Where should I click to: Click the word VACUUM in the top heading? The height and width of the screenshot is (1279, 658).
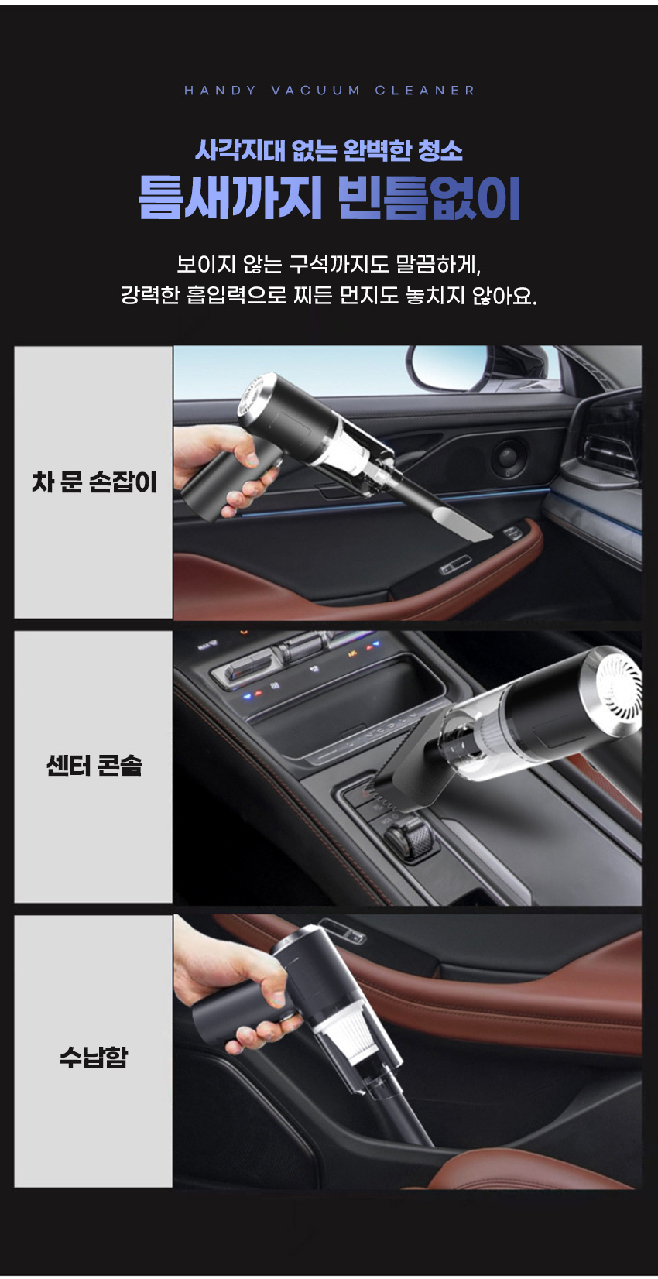click(x=316, y=91)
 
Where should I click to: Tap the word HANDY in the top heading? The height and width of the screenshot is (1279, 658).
click(x=221, y=91)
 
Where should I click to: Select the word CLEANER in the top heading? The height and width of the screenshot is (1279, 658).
click(x=425, y=91)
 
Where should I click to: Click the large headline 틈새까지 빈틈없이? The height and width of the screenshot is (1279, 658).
click(x=329, y=197)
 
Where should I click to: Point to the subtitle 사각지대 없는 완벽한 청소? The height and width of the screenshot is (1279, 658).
click(x=329, y=150)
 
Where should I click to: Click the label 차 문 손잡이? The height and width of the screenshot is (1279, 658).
click(x=94, y=482)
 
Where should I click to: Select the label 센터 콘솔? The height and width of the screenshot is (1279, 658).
click(x=94, y=765)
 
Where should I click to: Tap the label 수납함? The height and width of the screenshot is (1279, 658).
click(x=94, y=1056)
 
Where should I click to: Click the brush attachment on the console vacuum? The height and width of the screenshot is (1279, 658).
click(x=403, y=760)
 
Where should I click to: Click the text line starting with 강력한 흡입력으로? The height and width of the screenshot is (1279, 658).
click(x=329, y=295)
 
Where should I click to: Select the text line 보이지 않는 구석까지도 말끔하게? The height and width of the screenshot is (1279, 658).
click(x=329, y=264)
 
